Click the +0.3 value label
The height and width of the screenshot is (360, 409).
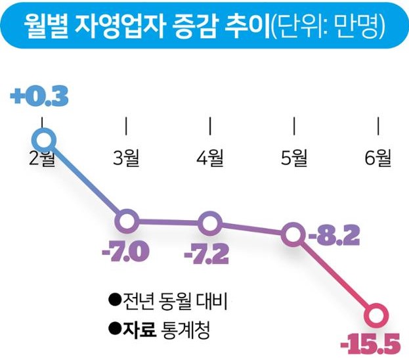point(40,98)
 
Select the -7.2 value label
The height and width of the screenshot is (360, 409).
point(207,253)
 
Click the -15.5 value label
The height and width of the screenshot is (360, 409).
point(371,342)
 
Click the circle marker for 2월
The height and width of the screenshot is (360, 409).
point(43,139)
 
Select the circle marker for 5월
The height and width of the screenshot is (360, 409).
point(292,233)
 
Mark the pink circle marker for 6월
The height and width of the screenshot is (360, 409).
point(377,313)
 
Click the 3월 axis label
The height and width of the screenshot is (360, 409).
point(127,158)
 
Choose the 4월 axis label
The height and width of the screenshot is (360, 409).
point(210,158)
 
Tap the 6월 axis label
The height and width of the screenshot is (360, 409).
point(377,158)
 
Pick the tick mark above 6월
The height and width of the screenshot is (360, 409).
point(378,125)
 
